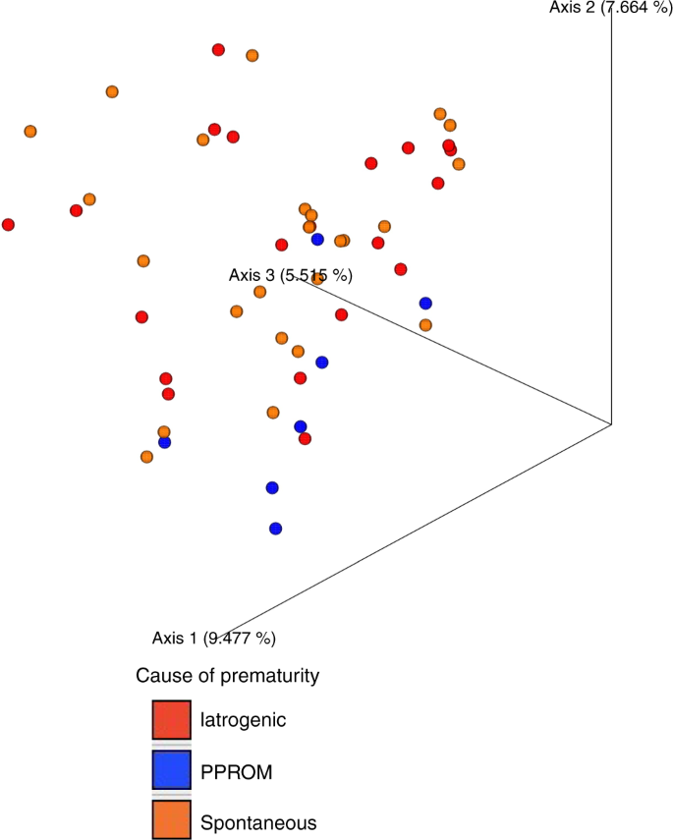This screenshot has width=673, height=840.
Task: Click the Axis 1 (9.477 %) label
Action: coord(213,638)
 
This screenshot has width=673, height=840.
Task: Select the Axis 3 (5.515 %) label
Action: coord(290,275)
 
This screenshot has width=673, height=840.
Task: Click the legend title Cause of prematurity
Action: coord(228,676)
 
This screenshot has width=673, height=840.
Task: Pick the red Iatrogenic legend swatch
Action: coord(171,719)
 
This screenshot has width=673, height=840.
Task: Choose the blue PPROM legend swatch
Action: coord(171,770)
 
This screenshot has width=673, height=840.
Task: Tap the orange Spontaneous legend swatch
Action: coord(171,820)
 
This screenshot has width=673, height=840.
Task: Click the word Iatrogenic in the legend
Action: coord(243,719)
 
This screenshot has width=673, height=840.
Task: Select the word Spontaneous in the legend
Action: coord(258,821)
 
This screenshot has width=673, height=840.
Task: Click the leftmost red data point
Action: coord(9,225)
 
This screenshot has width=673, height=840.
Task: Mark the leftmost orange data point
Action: coord(30,132)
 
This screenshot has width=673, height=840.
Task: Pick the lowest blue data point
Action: coord(276,529)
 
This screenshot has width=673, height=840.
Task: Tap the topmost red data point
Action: coord(218,50)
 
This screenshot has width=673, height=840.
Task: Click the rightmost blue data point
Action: coord(425,304)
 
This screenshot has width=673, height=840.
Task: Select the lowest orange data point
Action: coord(146,457)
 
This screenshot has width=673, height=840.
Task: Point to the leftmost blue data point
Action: coord(164,443)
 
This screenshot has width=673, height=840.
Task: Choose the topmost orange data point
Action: coord(252,56)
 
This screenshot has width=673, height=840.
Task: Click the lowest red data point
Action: coord(306,439)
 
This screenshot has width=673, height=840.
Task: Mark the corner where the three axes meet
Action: coord(612,424)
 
